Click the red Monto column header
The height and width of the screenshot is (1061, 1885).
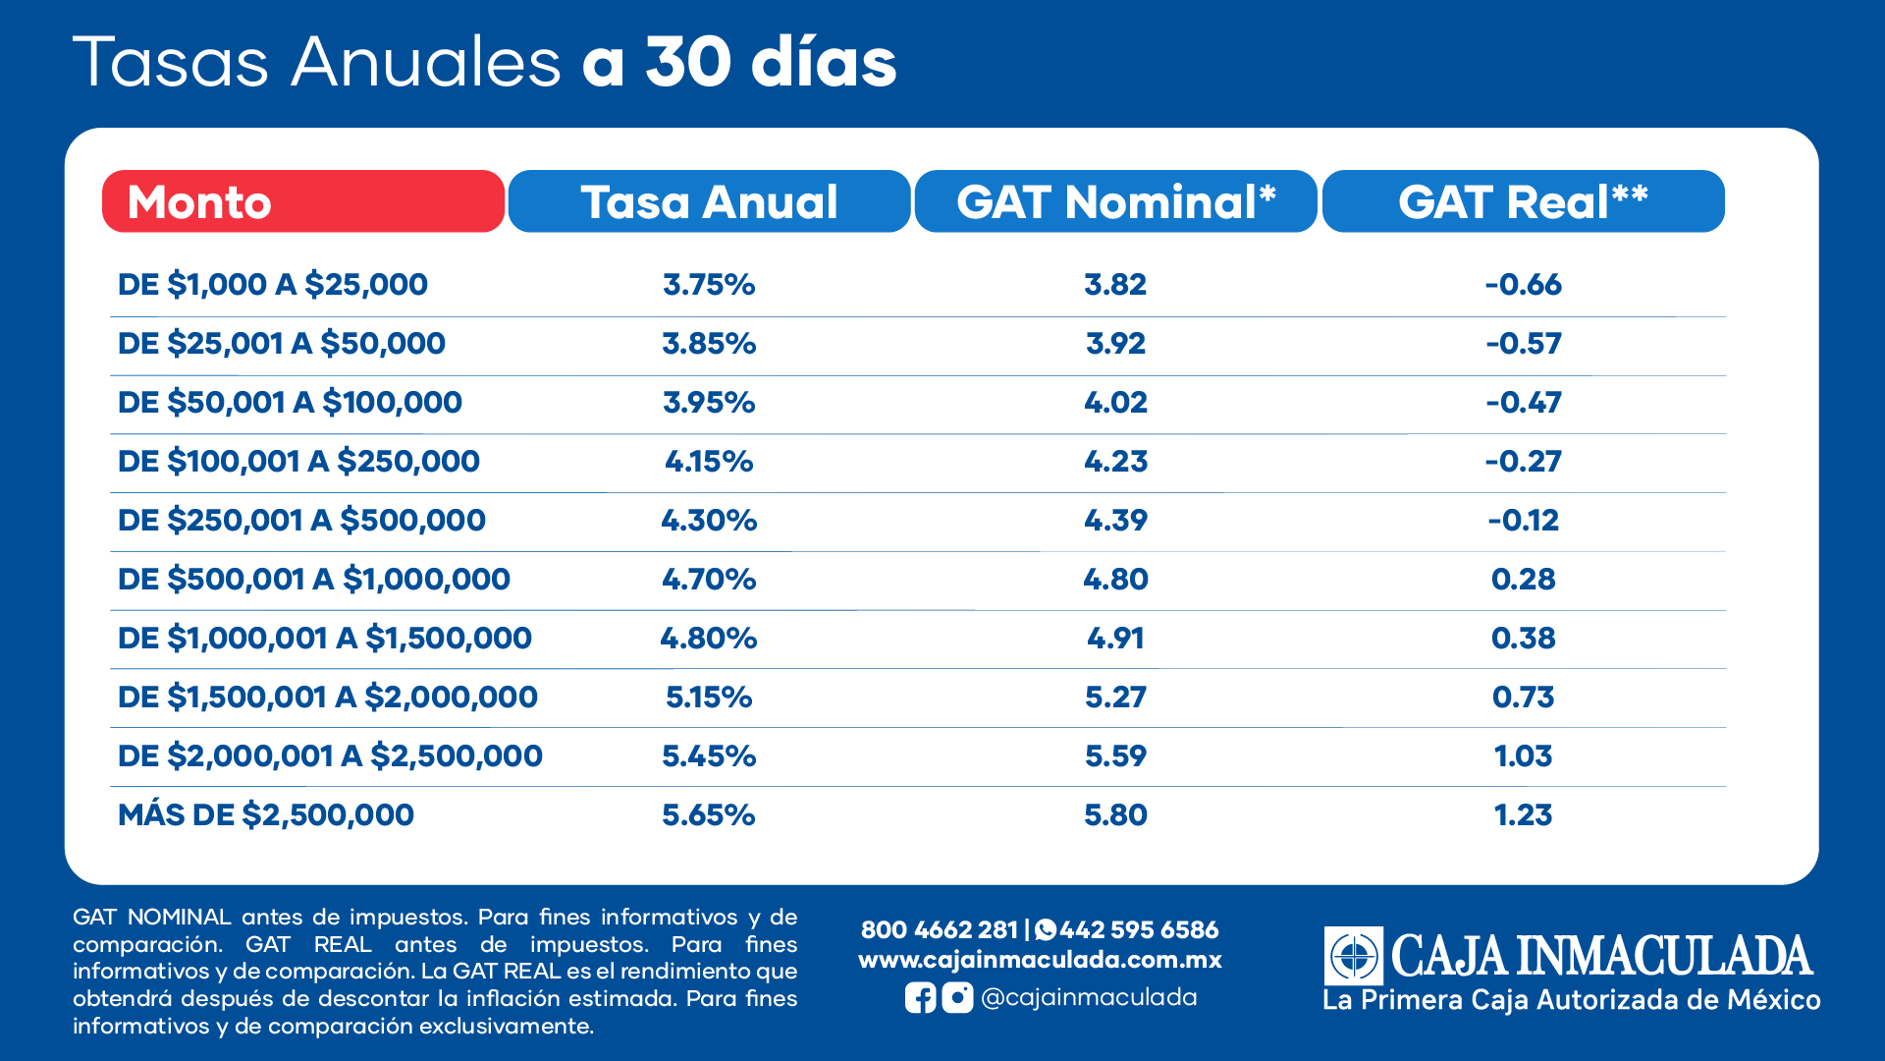[x=302, y=201]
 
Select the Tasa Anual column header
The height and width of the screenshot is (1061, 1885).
[x=709, y=201]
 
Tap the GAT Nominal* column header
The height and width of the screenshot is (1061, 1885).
[x=1115, y=201]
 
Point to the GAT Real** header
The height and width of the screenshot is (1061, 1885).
[x=1523, y=201]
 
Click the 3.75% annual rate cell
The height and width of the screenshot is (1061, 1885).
[x=709, y=285]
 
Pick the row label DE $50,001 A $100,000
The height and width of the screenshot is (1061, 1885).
[x=290, y=403]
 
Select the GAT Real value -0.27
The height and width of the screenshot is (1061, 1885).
[x=1523, y=462]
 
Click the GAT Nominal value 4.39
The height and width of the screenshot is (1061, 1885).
[x=1115, y=521]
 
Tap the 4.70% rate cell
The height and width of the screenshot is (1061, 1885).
[x=709, y=580]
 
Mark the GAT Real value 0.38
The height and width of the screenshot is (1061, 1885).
[x=1523, y=639]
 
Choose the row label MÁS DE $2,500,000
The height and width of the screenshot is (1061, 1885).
[x=266, y=815]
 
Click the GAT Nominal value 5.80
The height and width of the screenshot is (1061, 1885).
[x=1115, y=815]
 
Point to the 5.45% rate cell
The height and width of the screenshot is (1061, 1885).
[x=709, y=756]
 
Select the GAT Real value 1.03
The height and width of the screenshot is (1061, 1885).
[x=1523, y=756]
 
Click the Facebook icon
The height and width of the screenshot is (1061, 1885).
[x=920, y=998]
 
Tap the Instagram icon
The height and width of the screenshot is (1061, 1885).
[x=957, y=998]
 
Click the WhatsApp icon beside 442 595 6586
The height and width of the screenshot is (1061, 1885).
[x=1046, y=929]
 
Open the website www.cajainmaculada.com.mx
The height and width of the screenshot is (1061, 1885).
[x=1040, y=960]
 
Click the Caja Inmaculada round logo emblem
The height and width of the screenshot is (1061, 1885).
[x=1354, y=955]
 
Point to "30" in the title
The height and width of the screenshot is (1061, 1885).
[x=688, y=63]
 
